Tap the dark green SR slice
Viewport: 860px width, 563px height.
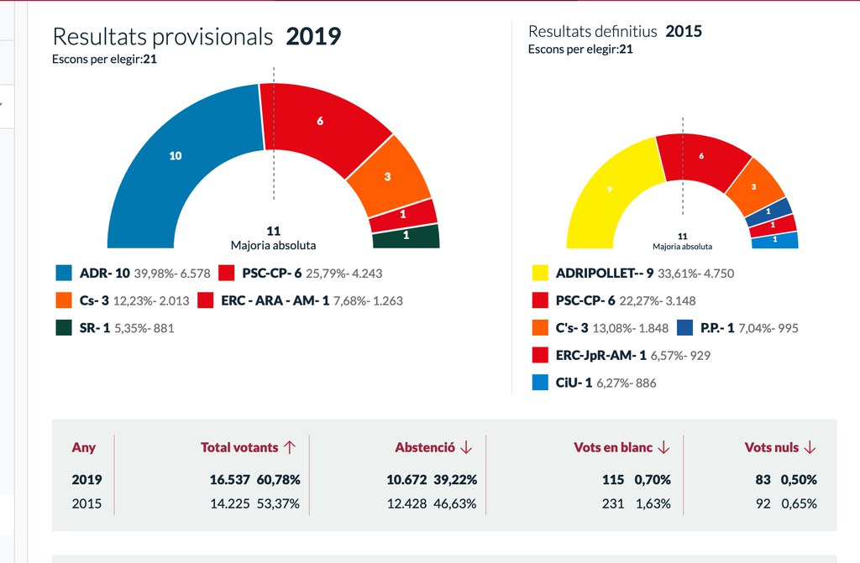(x=406, y=236)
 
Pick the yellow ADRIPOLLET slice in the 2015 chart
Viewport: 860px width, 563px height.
(x=609, y=191)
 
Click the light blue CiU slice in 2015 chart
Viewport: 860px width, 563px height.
(x=774, y=240)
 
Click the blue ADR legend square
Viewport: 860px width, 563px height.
(x=63, y=273)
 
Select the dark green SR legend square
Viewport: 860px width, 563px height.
(x=63, y=328)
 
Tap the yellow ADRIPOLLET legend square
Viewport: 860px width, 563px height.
(x=540, y=273)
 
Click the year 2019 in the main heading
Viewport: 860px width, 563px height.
(x=313, y=37)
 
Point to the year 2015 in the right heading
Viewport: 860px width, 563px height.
(x=684, y=32)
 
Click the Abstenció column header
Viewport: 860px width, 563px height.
(x=425, y=447)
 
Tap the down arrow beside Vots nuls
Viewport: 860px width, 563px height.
(x=810, y=447)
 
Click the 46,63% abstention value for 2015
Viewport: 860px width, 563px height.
(x=455, y=503)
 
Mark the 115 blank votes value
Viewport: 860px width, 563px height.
(x=612, y=480)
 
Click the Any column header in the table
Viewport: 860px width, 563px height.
(x=84, y=447)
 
